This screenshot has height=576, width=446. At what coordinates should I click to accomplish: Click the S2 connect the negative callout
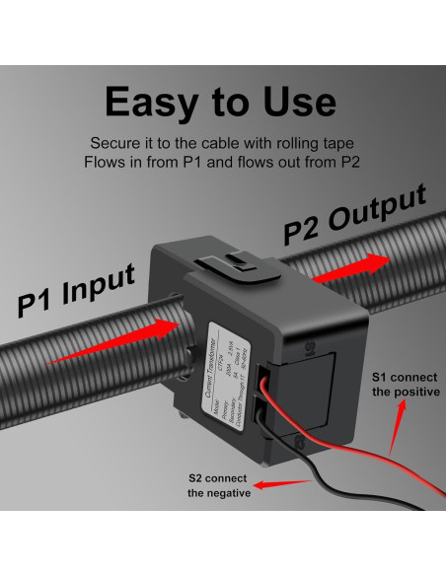(x=218, y=486)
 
